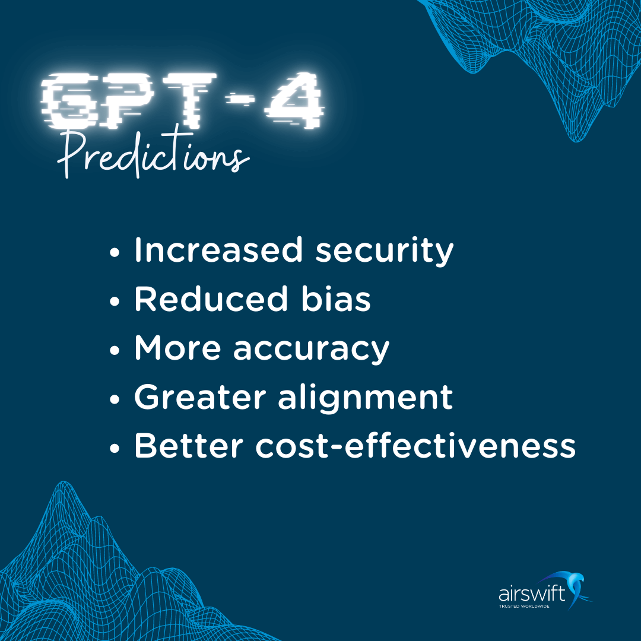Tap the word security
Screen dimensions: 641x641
384,252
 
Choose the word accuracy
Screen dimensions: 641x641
311,350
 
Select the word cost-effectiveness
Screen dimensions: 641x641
415,447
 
